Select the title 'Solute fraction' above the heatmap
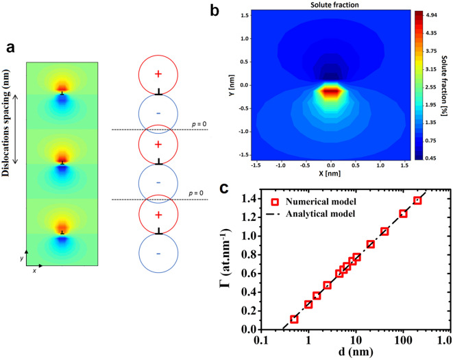point(330,5)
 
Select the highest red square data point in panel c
point(417,200)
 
